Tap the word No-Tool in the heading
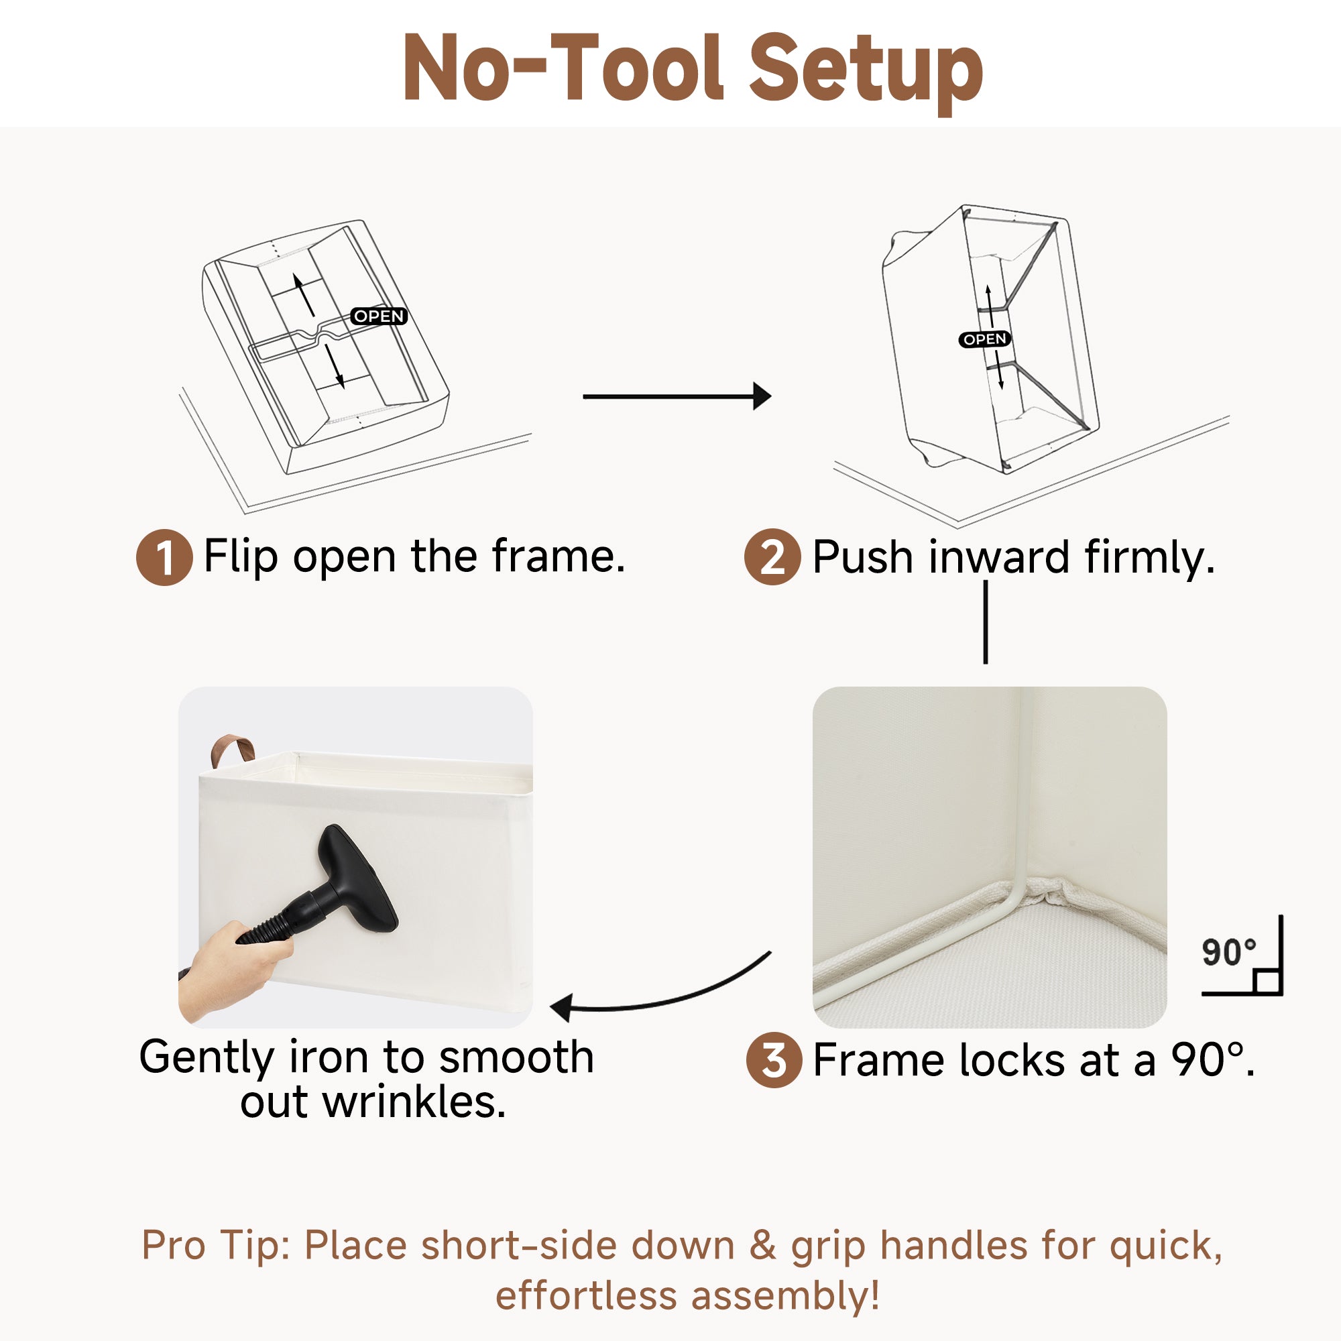point(563,68)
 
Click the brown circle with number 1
point(164,557)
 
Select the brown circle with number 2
point(772,557)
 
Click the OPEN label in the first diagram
point(378,316)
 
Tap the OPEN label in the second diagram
point(984,339)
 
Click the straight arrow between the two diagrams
point(677,396)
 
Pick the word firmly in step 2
point(1149,558)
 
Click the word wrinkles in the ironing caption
point(414,1102)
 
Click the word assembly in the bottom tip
point(785,1296)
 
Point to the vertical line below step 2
point(986,622)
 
